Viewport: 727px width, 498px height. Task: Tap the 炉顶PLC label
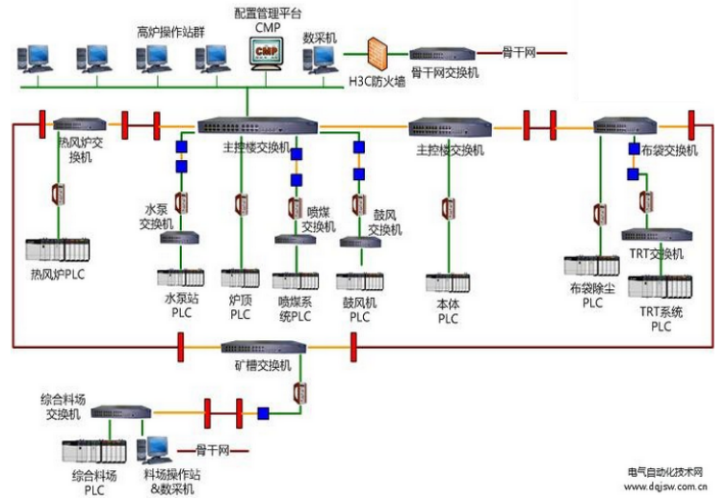point(241,307)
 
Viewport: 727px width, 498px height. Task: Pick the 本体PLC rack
point(449,283)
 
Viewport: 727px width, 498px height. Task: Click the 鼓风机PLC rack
point(358,281)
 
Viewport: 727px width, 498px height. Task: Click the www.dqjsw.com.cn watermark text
point(663,486)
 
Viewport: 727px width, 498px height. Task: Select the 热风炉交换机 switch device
point(72,124)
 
